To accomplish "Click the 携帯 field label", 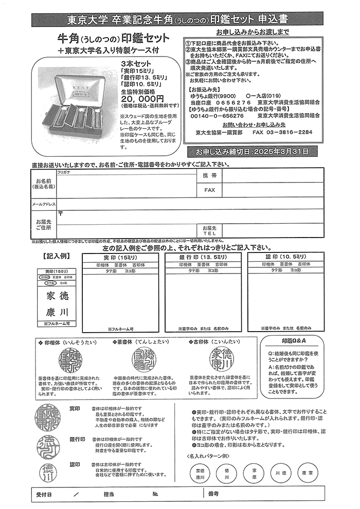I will [x=209, y=176].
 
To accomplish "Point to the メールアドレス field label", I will [x=44, y=204].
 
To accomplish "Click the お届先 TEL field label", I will [x=209, y=230].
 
